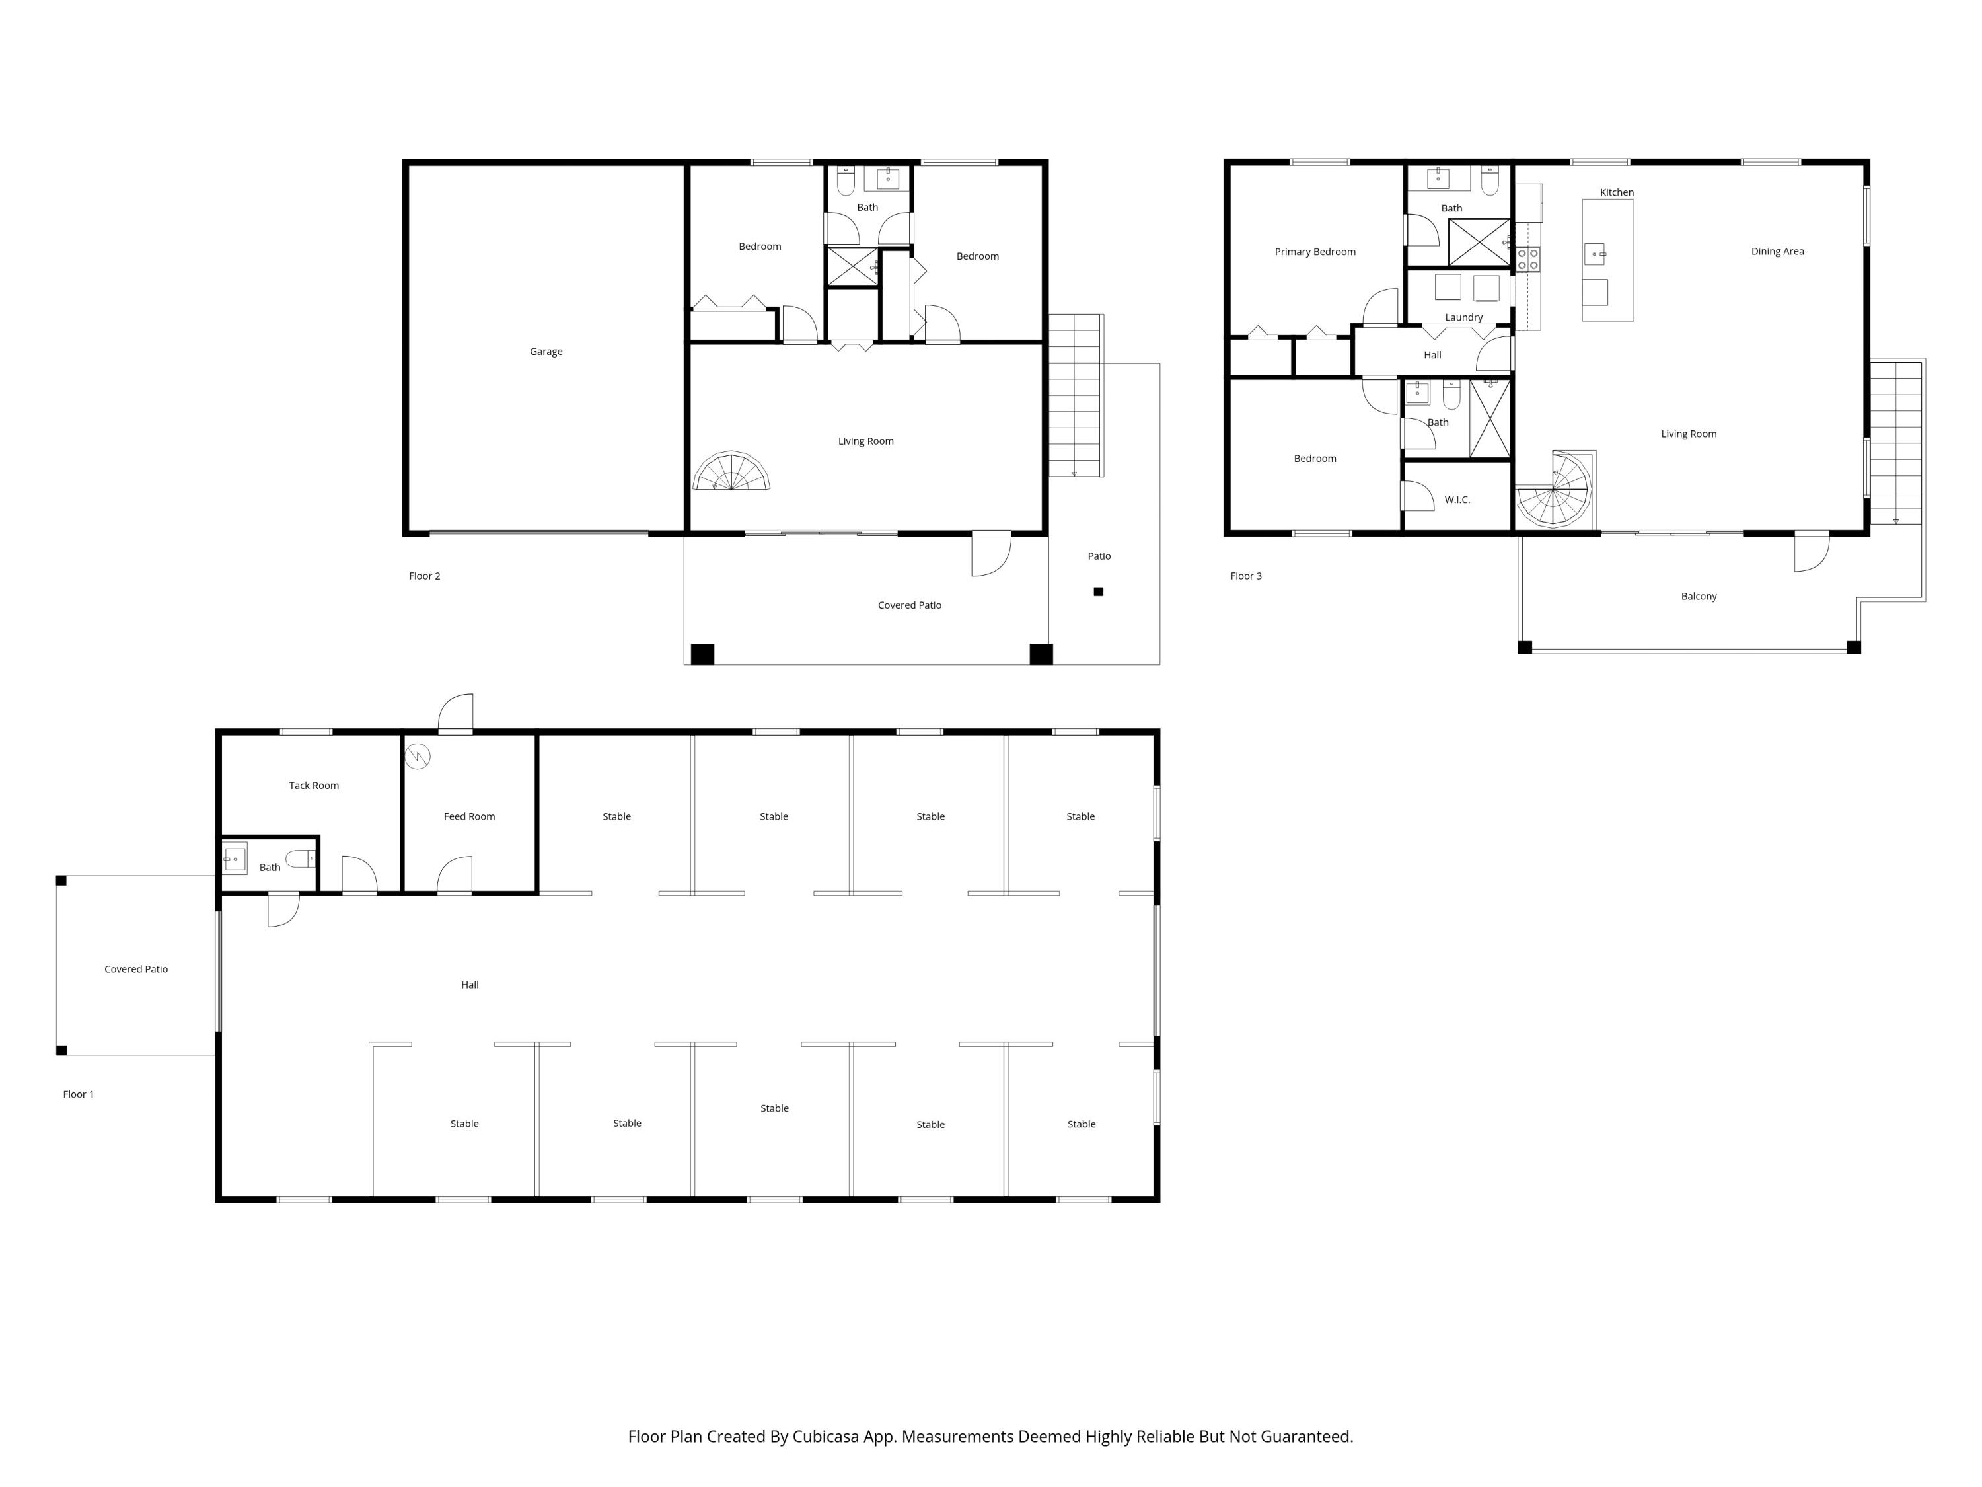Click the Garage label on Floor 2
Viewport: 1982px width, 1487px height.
[x=546, y=352]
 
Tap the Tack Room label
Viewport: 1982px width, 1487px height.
[x=314, y=785]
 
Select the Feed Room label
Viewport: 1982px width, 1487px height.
[x=468, y=816]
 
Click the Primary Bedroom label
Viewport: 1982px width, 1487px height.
[x=1315, y=252]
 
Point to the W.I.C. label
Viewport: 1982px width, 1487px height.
[x=1457, y=499]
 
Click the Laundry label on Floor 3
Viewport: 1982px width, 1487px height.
[x=1463, y=317]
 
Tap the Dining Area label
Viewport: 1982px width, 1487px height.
[x=1777, y=251]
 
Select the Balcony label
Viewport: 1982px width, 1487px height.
[x=1698, y=596]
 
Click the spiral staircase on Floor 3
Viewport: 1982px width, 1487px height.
[x=1555, y=493]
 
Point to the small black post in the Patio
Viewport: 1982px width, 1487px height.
[x=1097, y=591]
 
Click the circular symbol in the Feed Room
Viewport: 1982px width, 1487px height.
[x=418, y=757]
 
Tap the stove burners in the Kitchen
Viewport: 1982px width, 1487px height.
[x=1527, y=259]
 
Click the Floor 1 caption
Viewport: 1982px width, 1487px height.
[x=78, y=1094]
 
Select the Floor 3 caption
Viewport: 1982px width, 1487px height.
[x=1245, y=576]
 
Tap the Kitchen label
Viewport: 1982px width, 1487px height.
[x=1617, y=192]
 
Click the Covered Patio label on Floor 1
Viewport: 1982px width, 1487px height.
[x=135, y=969]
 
